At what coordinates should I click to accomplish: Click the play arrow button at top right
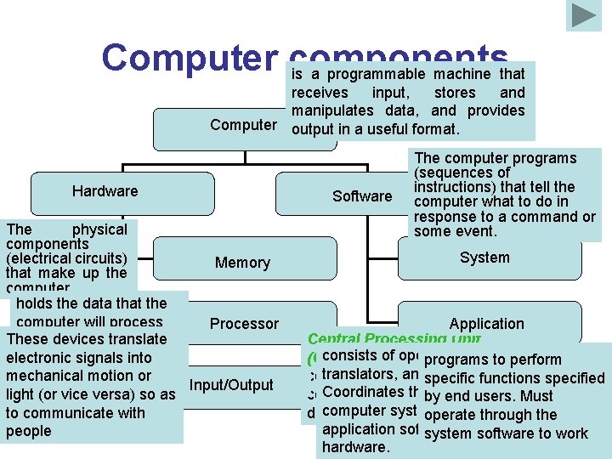click(x=584, y=15)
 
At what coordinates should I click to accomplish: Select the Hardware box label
click(x=105, y=191)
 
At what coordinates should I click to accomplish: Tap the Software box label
click(x=362, y=196)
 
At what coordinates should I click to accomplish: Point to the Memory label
click(x=242, y=263)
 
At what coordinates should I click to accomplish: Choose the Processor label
click(x=244, y=324)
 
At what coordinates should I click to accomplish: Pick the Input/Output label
click(x=230, y=385)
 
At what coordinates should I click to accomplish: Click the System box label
click(x=484, y=258)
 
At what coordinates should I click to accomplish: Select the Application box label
click(x=486, y=324)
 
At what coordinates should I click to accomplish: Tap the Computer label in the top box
click(x=243, y=125)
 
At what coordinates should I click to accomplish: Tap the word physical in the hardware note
click(x=99, y=229)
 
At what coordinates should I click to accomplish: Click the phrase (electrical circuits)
click(x=66, y=258)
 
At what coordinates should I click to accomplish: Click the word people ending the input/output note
click(x=28, y=431)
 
